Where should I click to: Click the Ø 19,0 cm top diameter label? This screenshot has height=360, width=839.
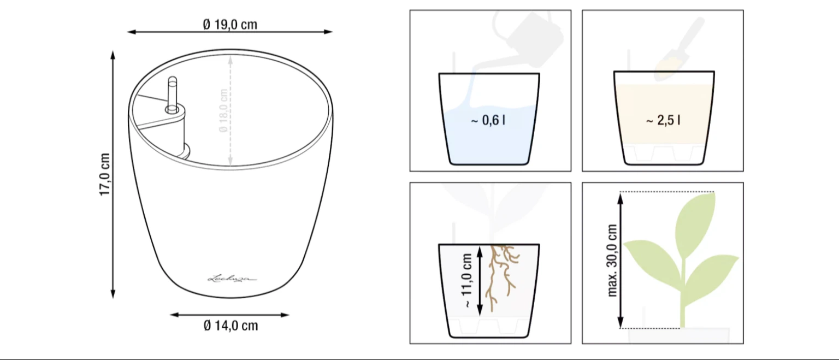click(230, 25)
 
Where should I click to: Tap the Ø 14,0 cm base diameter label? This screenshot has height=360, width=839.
click(231, 326)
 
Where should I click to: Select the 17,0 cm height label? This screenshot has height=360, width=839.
click(104, 174)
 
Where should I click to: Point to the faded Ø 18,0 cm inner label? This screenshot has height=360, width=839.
click(223, 110)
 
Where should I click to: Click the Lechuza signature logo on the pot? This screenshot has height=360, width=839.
click(232, 279)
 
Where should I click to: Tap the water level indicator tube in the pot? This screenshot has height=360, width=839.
click(172, 95)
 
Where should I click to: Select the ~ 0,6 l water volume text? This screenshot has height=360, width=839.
click(488, 120)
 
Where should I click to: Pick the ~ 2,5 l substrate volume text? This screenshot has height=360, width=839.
click(663, 120)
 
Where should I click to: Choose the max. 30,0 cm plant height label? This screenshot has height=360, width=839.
click(612, 261)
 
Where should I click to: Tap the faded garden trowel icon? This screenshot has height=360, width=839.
click(680, 49)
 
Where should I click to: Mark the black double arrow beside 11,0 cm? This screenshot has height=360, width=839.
click(480, 281)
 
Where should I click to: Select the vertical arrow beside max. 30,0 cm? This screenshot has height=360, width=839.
click(621, 261)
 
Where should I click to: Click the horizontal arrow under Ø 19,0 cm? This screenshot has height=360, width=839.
click(230, 32)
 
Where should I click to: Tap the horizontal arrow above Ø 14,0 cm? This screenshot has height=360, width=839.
click(229, 315)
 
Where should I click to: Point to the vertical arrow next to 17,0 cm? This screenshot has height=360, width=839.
click(113, 175)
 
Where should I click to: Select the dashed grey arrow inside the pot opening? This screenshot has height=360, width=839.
click(231, 110)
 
